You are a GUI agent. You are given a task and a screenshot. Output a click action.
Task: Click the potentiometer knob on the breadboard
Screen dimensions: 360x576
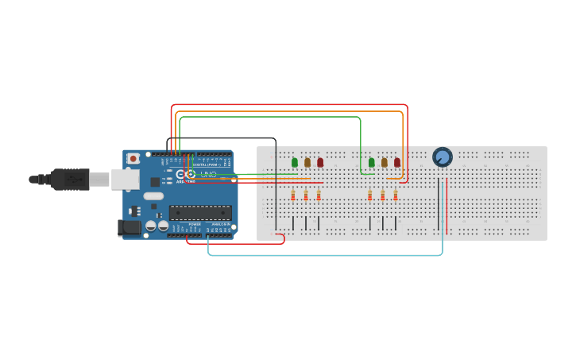(x=442, y=157)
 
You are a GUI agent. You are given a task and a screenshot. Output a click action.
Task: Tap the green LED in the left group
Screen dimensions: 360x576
(x=295, y=162)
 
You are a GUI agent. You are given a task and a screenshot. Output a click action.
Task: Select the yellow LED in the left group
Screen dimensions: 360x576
(x=307, y=162)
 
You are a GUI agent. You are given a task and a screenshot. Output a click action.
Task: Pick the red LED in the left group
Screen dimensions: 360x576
(x=320, y=162)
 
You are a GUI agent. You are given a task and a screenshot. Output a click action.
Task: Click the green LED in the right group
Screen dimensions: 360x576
(x=371, y=162)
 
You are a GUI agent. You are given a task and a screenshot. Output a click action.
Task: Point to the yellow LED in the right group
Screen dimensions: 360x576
(x=385, y=162)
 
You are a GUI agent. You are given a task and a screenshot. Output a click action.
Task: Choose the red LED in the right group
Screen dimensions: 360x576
(x=397, y=162)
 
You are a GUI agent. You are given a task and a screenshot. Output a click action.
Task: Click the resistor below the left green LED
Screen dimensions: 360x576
(x=293, y=195)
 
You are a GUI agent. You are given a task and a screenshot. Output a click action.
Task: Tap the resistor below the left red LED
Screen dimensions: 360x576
(x=319, y=195)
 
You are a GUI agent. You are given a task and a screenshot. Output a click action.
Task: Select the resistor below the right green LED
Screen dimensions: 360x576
(x=369, y=195)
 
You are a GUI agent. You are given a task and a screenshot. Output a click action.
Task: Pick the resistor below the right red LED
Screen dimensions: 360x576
(x=395, y=195)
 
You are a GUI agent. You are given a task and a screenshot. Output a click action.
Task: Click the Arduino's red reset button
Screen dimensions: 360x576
(x=133, y=158)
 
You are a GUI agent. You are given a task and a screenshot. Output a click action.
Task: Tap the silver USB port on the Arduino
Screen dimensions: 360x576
(x=125, y=180)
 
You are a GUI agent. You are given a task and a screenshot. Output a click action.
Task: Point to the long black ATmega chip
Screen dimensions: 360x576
(x=200, y=212)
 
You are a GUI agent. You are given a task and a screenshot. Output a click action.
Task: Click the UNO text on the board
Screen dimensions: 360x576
(x=208, y=174)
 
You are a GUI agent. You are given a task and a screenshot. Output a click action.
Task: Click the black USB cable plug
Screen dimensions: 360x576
(x=71, y=180)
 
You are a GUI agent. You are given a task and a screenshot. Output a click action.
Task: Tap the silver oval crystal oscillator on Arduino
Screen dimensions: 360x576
(x=154, y=195)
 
